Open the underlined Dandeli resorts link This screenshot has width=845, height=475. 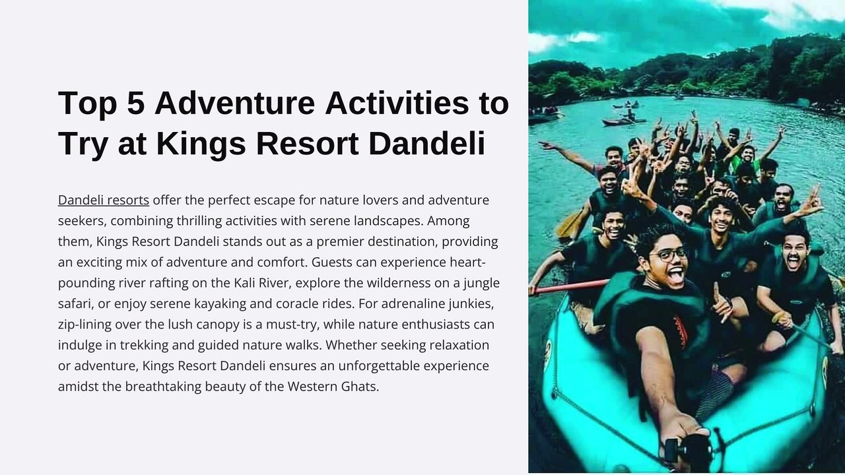tap(104, 200)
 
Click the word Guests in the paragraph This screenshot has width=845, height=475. tap(332, 262)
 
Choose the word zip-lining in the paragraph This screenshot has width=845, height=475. tap(84, 325)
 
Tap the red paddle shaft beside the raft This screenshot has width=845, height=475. tap(571, 286)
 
